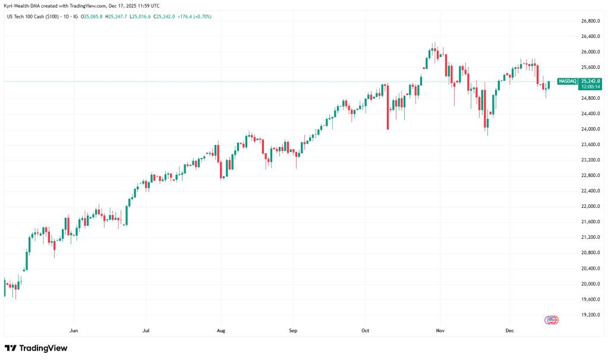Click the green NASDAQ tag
tap(568, 81)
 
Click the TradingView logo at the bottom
tap(36, 348)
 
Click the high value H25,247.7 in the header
tap(116, 16)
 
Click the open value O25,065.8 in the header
tap(92, 16)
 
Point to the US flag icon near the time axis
tap(552, 320)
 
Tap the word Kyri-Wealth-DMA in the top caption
tap(21, 5)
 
